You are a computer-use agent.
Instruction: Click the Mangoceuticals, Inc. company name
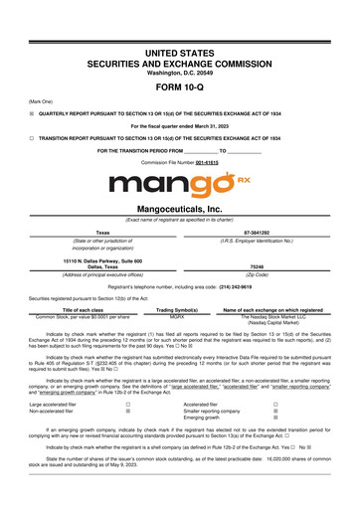179,212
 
